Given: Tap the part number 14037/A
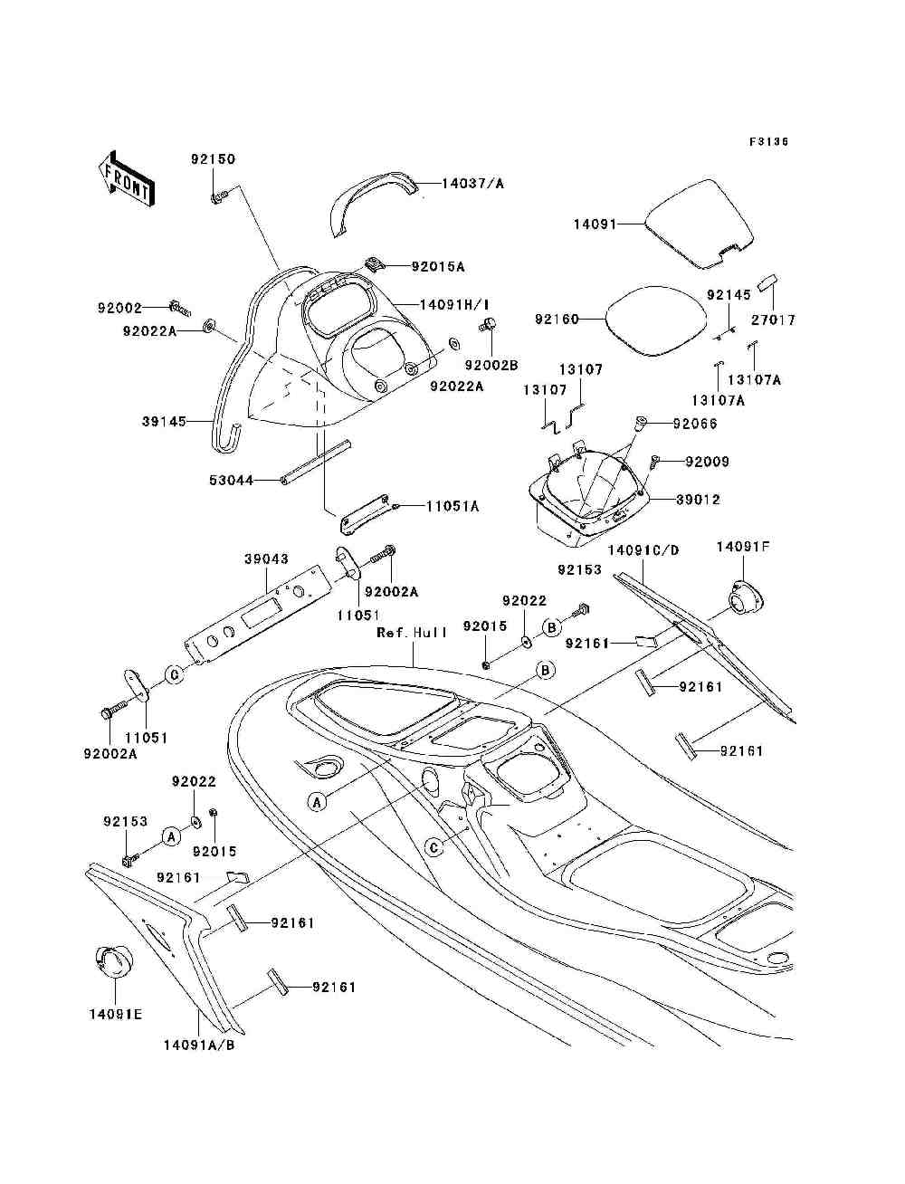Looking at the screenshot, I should [472, 184].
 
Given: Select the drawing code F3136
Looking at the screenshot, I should [769, 142].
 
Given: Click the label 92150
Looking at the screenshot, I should [213, 159].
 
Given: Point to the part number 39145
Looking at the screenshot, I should [164, 422].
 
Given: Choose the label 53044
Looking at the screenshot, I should [231, 481].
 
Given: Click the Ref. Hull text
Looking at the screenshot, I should [413, 633].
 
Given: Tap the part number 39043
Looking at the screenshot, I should [266, 560].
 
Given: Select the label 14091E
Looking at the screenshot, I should [115, 1014].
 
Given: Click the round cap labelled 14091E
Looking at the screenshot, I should [113, 962].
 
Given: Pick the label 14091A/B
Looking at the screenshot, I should [199, 1044].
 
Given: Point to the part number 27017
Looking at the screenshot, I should [774, 320].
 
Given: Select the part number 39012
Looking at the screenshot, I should [698, 500].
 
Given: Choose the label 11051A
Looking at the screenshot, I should [452, 507].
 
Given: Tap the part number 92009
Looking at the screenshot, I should [707, 462].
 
